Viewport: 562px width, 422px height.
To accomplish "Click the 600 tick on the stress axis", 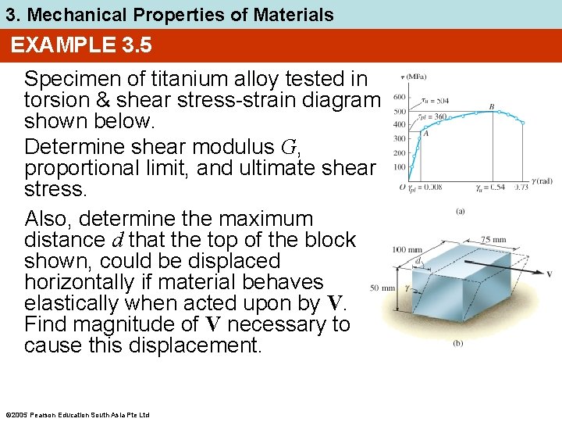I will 398,97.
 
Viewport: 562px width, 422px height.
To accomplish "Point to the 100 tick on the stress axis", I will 398,167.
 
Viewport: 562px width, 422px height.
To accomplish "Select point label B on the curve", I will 491,106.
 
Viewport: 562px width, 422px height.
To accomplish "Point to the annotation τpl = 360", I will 434,116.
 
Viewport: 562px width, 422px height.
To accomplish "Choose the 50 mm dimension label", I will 382,288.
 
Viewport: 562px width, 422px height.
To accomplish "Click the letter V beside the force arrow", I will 550,274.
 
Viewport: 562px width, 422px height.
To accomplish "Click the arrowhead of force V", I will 537,274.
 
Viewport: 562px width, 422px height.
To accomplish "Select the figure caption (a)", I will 461,211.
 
